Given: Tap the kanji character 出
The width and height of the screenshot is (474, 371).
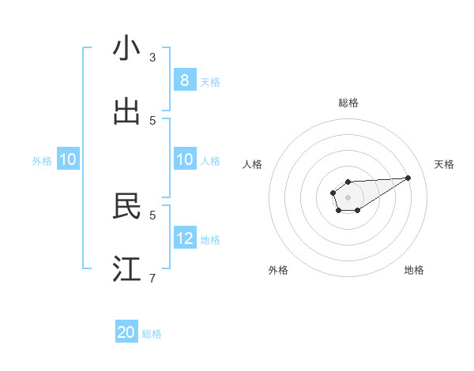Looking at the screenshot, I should [126, 112].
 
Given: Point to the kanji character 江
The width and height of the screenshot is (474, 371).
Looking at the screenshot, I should [126, 269].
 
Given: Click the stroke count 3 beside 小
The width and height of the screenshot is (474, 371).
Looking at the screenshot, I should [152, 57].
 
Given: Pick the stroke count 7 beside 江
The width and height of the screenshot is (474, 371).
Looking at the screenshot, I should [152, 278].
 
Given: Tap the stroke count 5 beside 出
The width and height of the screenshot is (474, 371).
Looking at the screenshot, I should [152, 120].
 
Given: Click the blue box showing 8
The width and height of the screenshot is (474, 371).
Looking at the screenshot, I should [185, 81].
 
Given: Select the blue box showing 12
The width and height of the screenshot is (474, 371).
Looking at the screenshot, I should [185, 238].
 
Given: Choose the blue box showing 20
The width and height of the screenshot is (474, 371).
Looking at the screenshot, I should [126, 332].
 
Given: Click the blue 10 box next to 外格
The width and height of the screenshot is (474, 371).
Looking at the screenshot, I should [68, 159].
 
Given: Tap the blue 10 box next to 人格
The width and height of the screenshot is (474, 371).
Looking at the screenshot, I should [185, 159].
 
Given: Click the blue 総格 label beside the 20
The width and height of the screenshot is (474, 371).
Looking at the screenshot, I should [152, 334].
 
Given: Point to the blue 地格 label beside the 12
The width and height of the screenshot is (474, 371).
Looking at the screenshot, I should [210, 240].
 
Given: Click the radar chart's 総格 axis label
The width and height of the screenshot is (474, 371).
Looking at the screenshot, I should [348, 103].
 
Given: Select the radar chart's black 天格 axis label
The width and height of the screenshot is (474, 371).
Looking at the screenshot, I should [444, 164].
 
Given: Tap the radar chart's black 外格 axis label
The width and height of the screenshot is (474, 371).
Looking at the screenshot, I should [278, 270].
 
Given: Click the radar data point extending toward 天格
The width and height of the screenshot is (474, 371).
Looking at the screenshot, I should [408, 177].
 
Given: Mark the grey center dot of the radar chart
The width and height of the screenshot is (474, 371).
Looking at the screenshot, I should [348, 197].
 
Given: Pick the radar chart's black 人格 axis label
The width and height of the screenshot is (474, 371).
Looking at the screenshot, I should [253, 164].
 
